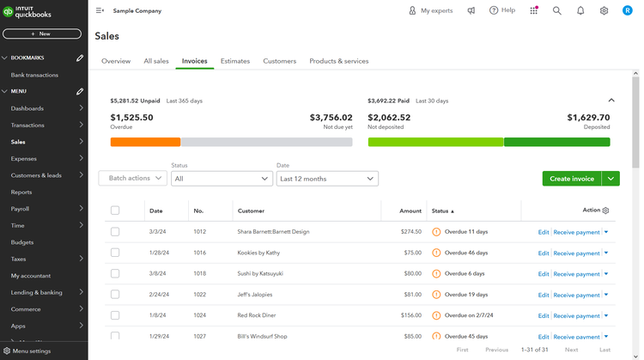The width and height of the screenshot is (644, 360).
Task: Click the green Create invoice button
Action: tap(572, 179)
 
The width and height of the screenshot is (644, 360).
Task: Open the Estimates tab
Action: tap(235, 61)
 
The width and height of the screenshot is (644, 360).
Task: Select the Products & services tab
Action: tap(338, 61)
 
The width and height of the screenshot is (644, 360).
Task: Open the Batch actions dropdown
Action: tap(132, 179)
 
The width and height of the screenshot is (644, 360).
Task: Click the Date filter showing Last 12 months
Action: tap(326, 179)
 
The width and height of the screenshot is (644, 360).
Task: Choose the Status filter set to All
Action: tap(222, 179)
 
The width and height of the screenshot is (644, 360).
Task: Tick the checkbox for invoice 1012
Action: tap(115, 232)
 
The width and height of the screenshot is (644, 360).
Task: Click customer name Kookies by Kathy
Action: tap(258, 253)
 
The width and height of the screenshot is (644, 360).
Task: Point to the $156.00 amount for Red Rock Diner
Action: tap(410, 315)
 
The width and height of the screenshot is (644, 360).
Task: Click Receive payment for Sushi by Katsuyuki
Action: tap(576, 274)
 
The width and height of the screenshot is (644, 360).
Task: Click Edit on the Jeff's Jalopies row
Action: tap(543, 295)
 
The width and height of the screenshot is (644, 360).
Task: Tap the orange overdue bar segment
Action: tap(145, 142)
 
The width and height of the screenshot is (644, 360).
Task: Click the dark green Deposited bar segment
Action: tap(556, 142)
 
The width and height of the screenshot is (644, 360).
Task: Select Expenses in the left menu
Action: tap(23, 159)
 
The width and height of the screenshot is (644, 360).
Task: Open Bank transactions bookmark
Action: tap(34, 75)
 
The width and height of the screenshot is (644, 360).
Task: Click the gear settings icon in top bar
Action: tap(604, 10)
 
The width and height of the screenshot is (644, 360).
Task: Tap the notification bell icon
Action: tap(580, 10)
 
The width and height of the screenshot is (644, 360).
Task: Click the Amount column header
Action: tap(410, 211)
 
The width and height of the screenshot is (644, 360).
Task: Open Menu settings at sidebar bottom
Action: tap(31, 351)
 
